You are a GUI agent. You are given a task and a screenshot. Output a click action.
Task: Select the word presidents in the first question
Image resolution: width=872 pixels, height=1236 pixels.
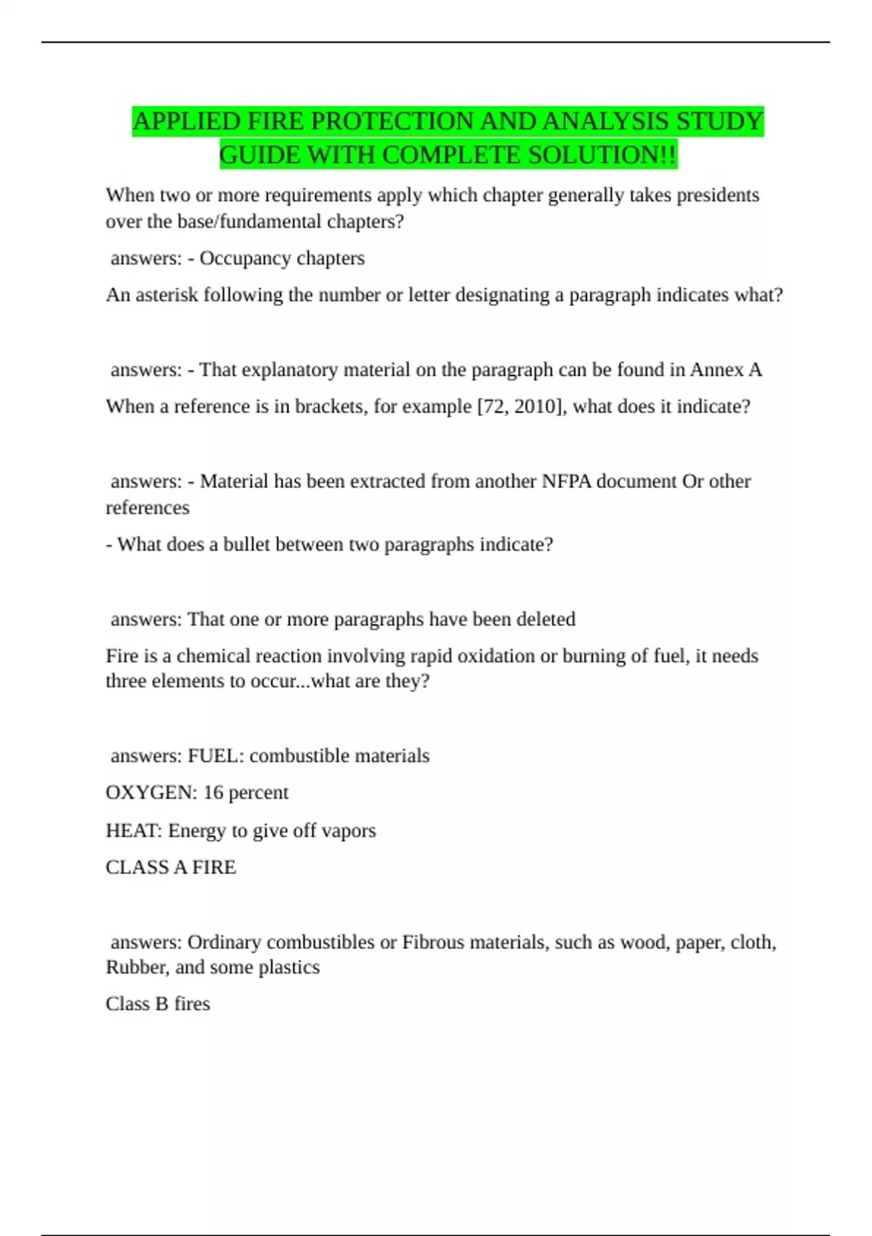click(718, 196)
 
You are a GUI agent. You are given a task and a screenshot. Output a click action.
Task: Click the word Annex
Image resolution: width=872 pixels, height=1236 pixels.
click(716, 370)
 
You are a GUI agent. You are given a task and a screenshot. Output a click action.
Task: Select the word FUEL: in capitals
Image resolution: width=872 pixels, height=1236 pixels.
click(216, 756)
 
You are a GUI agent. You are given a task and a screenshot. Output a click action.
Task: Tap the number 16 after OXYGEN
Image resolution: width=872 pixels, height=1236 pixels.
click(213, 792)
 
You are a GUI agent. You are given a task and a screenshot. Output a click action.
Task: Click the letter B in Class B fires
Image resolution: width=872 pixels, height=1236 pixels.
click(161, 1004)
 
